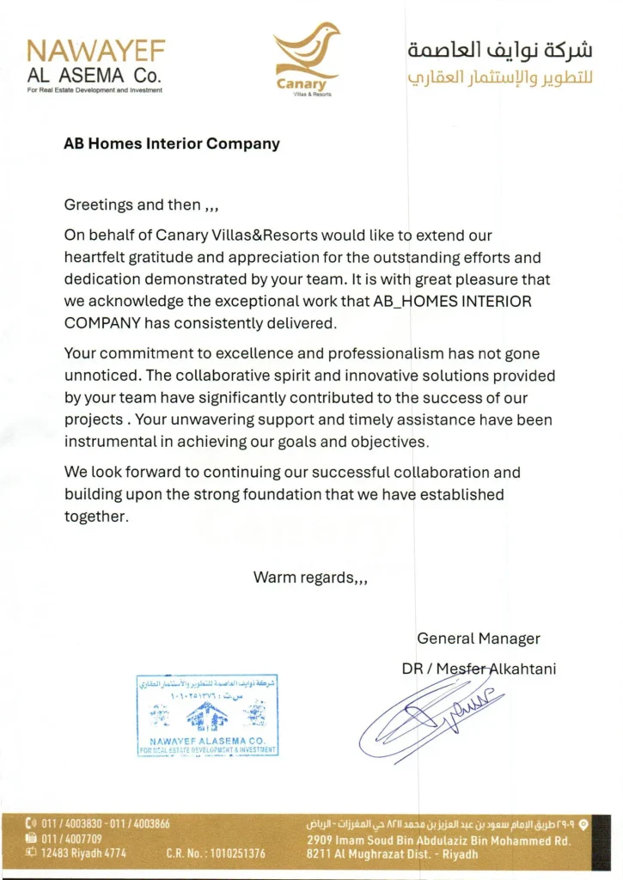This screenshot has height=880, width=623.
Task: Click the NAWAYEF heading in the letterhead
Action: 95,50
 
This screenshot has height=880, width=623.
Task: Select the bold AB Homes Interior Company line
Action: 172,144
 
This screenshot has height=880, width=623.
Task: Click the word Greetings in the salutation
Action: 99,205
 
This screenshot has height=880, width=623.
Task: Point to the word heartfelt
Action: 97,256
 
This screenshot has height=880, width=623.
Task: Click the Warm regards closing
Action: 310,577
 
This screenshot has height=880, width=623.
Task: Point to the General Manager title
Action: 479,639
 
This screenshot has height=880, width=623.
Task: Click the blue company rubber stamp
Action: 207,715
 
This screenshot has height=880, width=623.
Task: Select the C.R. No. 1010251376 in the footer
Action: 216,854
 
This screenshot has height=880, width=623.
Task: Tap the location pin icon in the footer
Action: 583,823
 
